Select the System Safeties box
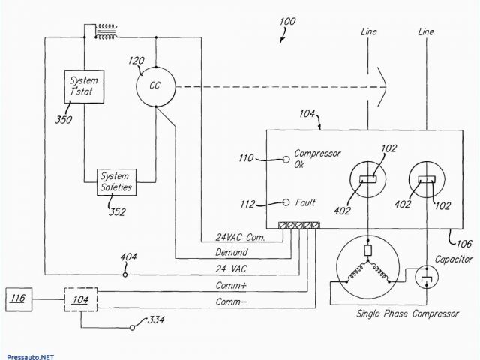tap(116, 182)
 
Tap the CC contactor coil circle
tap(155, 85)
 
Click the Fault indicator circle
tap(286, 202)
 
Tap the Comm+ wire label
tap(232, 284)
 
